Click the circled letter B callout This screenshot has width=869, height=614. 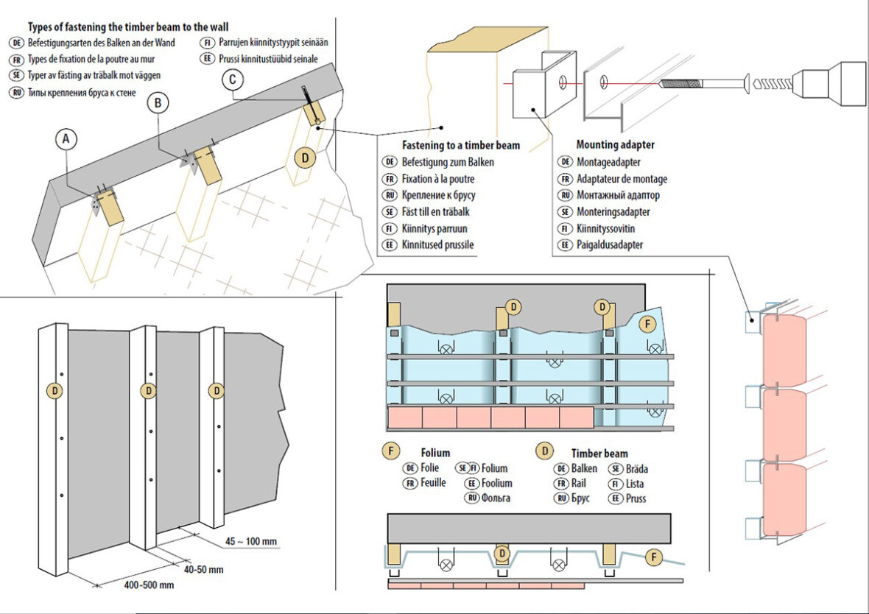tap(157, 103)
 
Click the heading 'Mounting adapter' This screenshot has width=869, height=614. tap(615, 145)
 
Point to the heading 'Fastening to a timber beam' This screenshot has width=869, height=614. tap(460, 145)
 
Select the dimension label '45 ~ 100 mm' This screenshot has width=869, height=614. tap(251, 542)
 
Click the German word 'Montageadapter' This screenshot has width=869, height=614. tap(608, 162)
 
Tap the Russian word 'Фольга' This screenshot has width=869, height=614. tap(495, 498)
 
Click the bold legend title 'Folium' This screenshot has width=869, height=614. tap(434, 453)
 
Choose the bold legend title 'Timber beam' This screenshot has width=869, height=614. tap(599, 453)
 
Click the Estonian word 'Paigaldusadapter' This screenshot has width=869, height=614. tap(611, 245)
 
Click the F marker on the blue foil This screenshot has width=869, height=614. tap(647, 322)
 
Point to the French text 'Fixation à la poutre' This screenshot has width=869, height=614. tap(438, 179)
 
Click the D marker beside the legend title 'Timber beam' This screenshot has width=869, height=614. tap(543, 451)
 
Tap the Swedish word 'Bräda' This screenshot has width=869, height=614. tap(636, 468)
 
